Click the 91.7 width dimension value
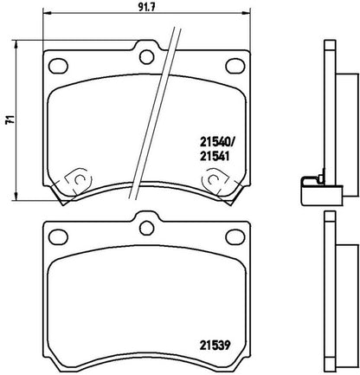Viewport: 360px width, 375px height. pos(147,7)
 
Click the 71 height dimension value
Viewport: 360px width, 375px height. pos(10,120)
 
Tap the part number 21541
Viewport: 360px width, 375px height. pos(215,156)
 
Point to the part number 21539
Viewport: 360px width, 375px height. pos(215,345)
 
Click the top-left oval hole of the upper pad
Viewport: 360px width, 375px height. pos(58,66)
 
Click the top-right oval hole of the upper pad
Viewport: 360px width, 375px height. pos(235,66)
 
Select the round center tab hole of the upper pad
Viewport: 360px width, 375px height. pos(146,57)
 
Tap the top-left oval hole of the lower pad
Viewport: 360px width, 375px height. pos(58,236)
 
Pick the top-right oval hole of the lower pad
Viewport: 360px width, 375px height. pos(235,236)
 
